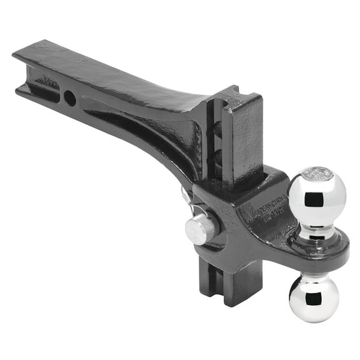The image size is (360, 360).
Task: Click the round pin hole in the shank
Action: tap(70, 98)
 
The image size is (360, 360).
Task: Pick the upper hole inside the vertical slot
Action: tap(217, 129)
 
